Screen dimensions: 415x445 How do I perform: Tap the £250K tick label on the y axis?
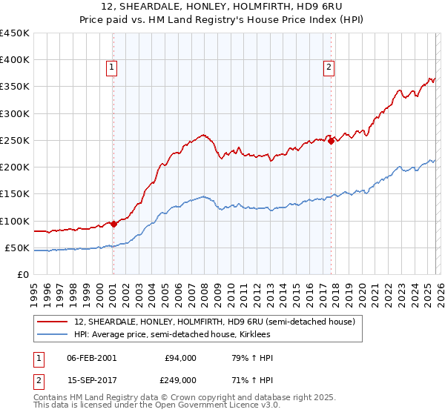pyautogui.click(x=15, y=140)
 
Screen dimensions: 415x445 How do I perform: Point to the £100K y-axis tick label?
pyautogui.click(x=15, y=221)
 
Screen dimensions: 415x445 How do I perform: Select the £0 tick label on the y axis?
pyautogui.click(x=23, y=274)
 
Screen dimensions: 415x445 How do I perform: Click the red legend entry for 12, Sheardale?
pyautogui.click(x=215, y=322)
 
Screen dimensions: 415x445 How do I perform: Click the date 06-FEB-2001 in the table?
pyautogui.click(x=92, y=358)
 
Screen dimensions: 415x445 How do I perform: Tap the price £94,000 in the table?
pyautogui.click(x=180, y=358)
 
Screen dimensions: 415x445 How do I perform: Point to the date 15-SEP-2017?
pyautogui.click(x=92, y=379)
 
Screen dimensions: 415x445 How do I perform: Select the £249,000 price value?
pyautogui.click(x=180, y=379)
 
